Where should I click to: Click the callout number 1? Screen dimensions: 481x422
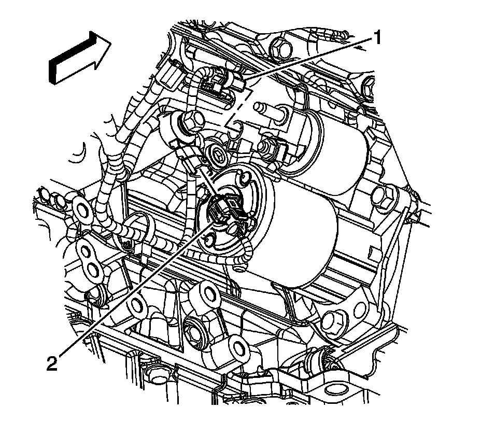[x=378, y=37]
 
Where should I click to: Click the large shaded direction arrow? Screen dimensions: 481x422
[x=80, y=58]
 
